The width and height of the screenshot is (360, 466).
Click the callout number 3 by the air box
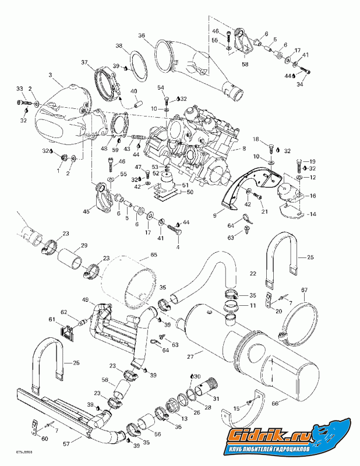click(x=51, y=75)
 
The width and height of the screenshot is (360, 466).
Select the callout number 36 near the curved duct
click(x=142, y=36)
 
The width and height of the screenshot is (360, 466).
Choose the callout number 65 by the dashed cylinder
click(x=154, y=255)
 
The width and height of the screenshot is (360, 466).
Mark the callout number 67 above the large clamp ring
click(x=304, y=290)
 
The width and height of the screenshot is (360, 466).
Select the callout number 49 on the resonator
click(x=85, y=300)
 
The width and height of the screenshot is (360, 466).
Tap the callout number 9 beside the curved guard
click(x=214, y=216)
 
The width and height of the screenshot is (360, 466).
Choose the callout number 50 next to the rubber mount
click(x=189, y=192)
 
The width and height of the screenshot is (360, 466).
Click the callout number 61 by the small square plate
click(x=52, y=319)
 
